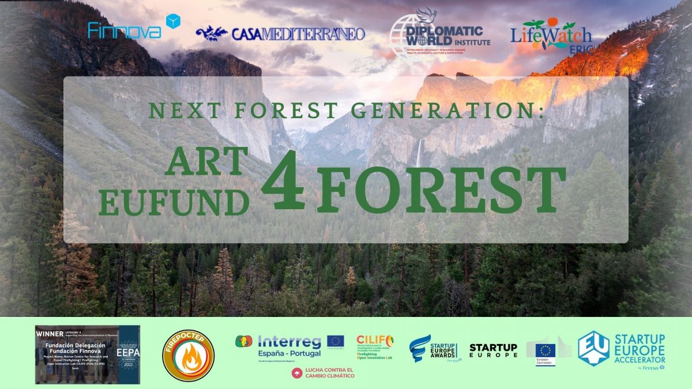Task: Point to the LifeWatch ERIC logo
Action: click(550, 34)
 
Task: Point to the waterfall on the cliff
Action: click(419, 153)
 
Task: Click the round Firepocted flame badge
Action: click(188, 356)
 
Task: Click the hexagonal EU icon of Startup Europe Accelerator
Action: click(593, 348)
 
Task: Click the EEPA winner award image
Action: click(88, 354)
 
